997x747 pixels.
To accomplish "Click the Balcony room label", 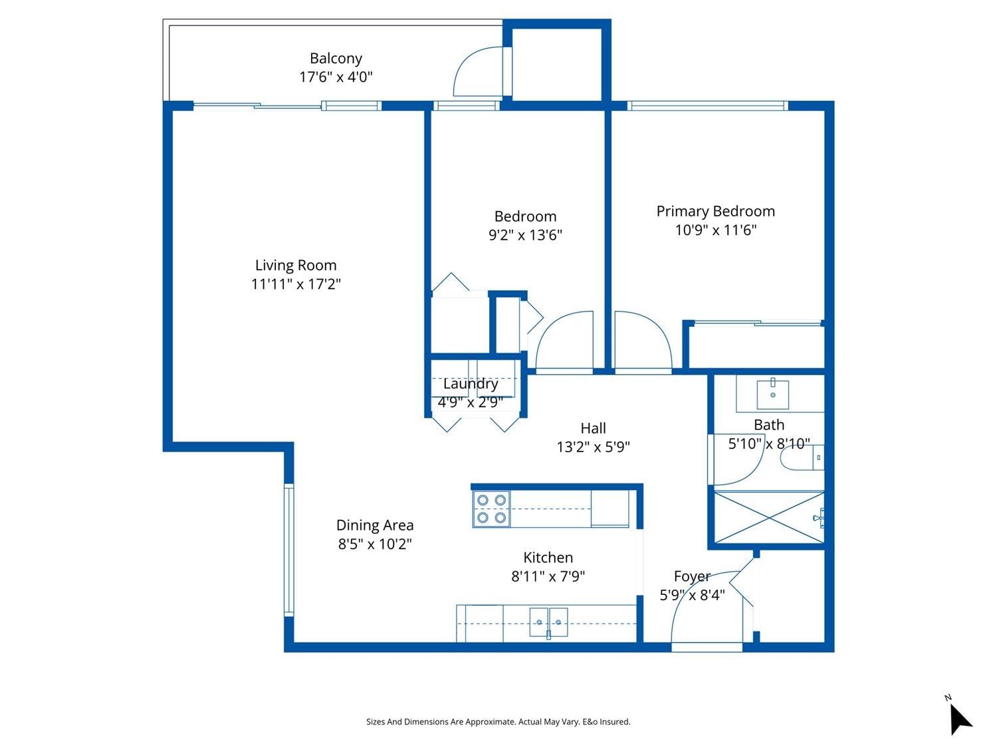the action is [336, 58].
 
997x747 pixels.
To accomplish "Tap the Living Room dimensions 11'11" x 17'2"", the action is [296, 284].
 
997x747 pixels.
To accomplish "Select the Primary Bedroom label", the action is [715, 211].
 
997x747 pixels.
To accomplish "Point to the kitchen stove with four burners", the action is [491, 509].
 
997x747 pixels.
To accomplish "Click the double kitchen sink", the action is [548, 622].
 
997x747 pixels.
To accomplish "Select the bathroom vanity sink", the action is [772, 394].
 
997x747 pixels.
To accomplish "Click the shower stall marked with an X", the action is [769, 517].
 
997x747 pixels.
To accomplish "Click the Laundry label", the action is [471, 384].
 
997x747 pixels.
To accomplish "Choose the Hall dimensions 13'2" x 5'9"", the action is [593, 447].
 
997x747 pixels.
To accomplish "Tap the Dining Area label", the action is [375, 525].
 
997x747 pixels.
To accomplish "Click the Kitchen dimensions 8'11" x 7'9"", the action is [548, 576].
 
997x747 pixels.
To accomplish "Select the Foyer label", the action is [692, 576].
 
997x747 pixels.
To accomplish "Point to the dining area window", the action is [289, 550].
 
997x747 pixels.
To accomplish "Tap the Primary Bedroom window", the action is [708, 106].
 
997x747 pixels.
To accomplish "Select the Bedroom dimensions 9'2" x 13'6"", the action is [525, 235].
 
